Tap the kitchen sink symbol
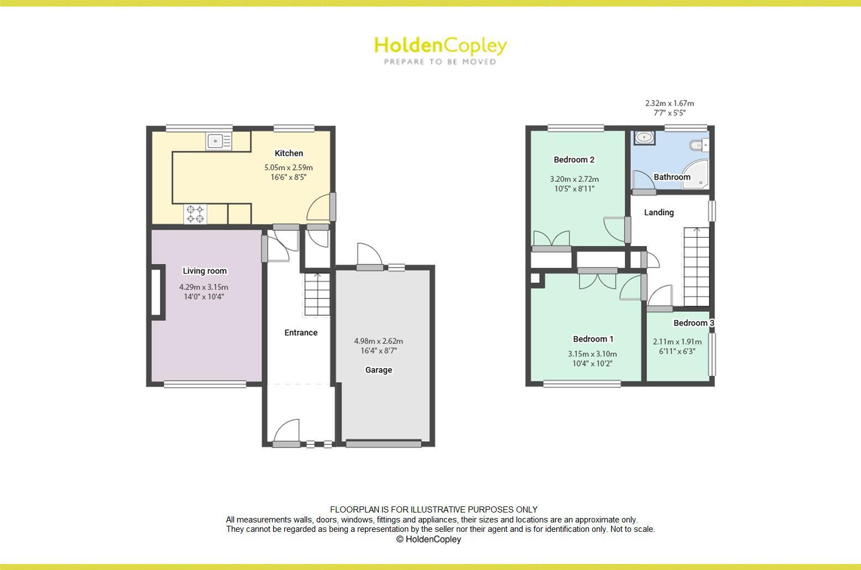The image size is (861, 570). click(220, 142)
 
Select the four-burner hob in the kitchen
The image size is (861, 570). click(195, 215)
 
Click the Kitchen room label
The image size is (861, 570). click(289, 153)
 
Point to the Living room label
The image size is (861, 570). click(205, 271)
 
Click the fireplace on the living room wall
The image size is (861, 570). click(156, 293)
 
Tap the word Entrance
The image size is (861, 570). click(301, 332)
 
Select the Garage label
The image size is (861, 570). click(378, 370)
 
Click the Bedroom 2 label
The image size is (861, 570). click(574, 160)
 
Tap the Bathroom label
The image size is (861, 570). click(672, 177)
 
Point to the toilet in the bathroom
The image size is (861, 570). click(698, 145)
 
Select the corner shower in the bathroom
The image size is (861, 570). click(696, 174)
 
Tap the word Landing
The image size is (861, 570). click(659, 212)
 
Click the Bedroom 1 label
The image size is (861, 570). click(593, 339)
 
